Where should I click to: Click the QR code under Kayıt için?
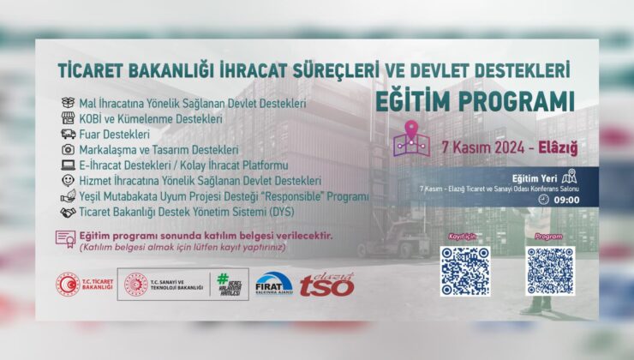tap(464, 271)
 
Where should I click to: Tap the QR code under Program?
tap(550, 271)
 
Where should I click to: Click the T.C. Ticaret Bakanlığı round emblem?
tap(68, 285)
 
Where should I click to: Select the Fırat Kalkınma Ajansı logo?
tap(273, 285)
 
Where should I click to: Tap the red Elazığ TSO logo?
tap(326, 284)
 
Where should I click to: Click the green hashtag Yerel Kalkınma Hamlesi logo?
tap(228, 285)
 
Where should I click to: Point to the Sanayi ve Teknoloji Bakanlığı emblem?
tap(136, 285)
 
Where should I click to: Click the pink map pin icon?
tap(410, 139)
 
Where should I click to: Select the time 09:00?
tap(567, 200)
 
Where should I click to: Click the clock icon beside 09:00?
tap(545, 200)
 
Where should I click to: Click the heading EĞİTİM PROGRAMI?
tap(475, 99)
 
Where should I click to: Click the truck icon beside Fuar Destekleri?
tap(67, 134)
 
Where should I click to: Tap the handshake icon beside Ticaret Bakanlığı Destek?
tap(67, 211)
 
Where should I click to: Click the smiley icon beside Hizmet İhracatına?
tap(67, 180)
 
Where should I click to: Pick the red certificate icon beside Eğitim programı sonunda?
tap(66, 238)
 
